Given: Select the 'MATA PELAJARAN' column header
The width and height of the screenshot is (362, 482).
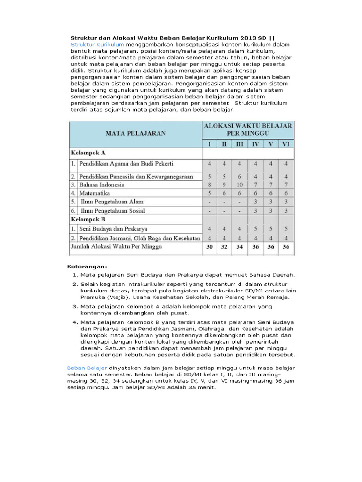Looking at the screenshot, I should pyautogui.click(x=135, y=133).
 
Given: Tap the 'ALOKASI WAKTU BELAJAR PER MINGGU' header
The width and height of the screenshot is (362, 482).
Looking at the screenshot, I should pyautogui.click(x=247, y=129).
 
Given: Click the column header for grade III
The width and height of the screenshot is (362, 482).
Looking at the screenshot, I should pyautogui.click(x=239, y=144).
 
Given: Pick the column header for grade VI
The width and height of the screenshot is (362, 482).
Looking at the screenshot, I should pyautogui.click(x=285, y=144).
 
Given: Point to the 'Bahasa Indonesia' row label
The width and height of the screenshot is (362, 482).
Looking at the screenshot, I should pyautogui.click(x=101, y=185).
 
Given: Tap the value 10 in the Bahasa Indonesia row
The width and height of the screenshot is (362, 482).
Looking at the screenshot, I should pyautogui.click(x=239, y=185).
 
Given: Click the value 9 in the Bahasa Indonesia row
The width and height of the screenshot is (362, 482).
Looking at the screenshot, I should pyautogui.click(x=224, y=185).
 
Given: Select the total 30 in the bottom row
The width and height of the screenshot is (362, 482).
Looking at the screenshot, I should pyautogui.click(x=210, y=247).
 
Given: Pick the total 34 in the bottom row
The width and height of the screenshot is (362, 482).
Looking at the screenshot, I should pyautogui.click(x=239, y=247).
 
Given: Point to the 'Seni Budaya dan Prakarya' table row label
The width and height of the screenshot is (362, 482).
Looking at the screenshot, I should pyautogui.click(x=107, y=229).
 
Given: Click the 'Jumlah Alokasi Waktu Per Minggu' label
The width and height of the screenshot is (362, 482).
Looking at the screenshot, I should pyautogui.click(x=116, y=247).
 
